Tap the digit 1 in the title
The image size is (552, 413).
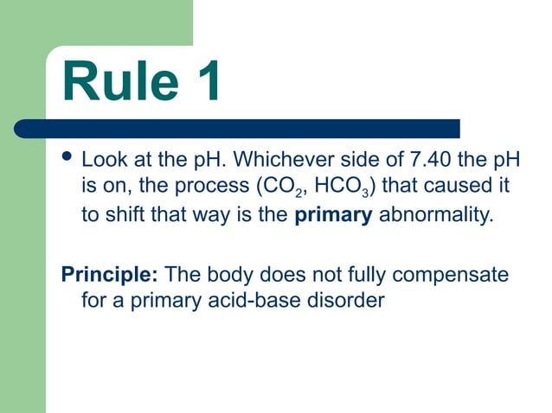coord(206,83)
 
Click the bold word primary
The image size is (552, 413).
coord(333,215)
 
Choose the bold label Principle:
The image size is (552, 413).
coord(109,276)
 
